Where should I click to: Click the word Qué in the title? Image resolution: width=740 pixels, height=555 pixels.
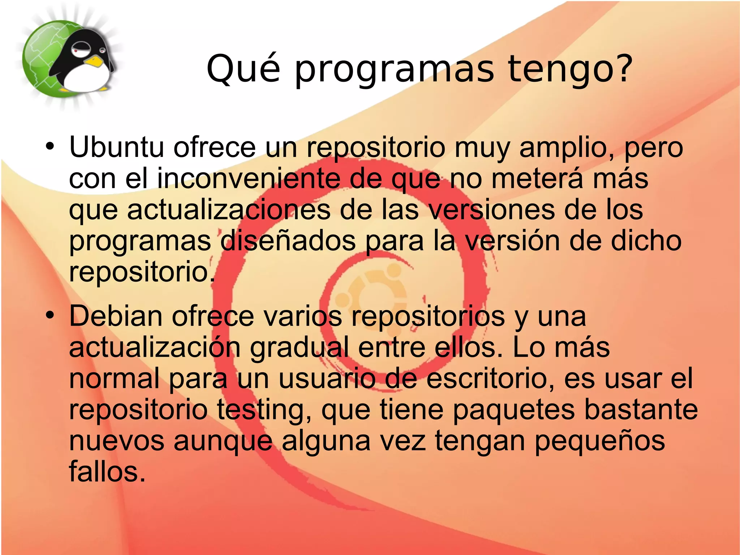pyautogui.click(x=243, y=69)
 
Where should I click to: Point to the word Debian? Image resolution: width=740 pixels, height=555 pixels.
pyautogui.click(x=116, y=316)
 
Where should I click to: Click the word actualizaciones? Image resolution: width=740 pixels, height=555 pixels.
pyautogui.click(x=228, y=210)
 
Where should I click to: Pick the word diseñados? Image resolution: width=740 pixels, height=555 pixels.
pyautogui.click(x=288, y=241)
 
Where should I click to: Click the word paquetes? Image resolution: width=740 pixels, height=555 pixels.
pyautogui.click(x=513, y=410)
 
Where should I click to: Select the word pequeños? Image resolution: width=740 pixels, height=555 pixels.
pyautogui.click(x=599, y=441)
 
